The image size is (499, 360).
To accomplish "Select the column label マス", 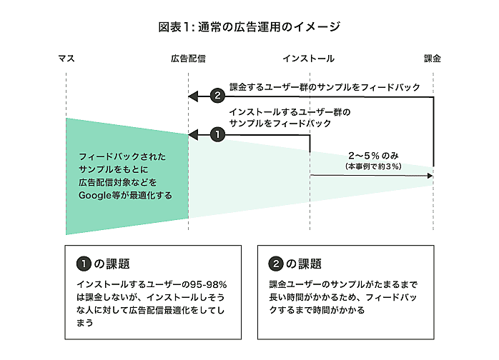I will (66, 59).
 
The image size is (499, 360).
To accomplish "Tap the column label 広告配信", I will (188, 59).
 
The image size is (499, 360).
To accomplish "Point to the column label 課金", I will (433, 59).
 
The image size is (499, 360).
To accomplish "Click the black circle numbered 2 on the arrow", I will (218, 96).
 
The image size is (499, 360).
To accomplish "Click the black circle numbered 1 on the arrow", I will (218, 134).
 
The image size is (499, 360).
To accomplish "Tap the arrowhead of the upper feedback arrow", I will (192, 96).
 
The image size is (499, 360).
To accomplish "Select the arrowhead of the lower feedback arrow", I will (192, 134).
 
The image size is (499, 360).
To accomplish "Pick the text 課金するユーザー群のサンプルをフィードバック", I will (325, 87).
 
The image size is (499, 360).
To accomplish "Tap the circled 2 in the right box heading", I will (276, 263).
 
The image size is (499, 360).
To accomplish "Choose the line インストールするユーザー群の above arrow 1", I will (290, 112).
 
